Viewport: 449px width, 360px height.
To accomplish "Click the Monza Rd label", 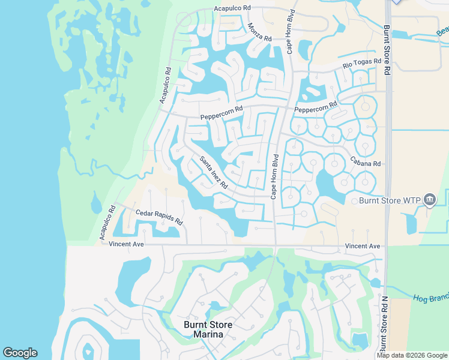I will coord(259,32).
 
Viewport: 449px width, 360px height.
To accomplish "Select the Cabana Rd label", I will coord(366,163).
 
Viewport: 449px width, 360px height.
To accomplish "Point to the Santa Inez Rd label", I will coord(214,172).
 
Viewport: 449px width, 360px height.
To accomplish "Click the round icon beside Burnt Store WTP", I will coord(430,200).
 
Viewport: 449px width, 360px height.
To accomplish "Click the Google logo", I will coord(20,353).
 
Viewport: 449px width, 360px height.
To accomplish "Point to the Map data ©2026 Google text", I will coord(412,355).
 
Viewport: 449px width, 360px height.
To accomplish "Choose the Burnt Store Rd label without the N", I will coord(387,49).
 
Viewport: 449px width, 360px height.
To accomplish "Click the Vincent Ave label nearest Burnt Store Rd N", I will coord(363,246).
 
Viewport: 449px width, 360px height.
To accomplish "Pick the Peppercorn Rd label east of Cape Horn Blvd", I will coord(316,109).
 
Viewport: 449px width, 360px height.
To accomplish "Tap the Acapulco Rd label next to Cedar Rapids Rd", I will coord(107,224).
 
